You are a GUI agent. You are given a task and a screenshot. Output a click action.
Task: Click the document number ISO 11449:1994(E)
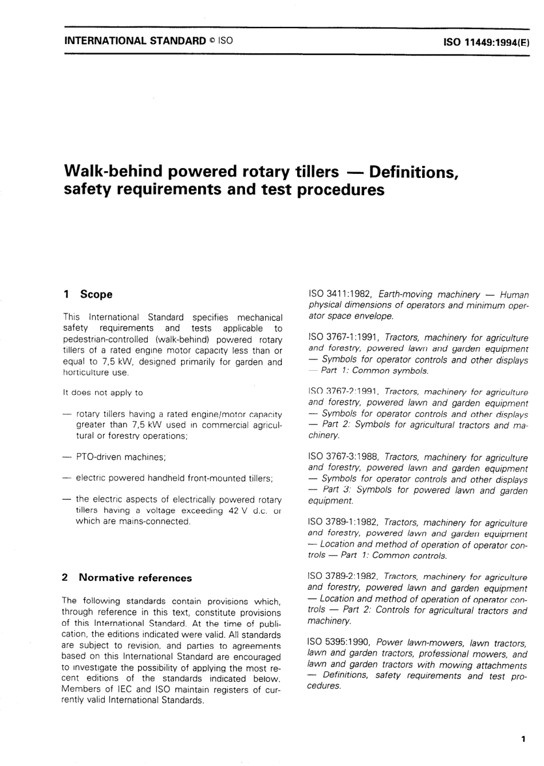tap(486, 42)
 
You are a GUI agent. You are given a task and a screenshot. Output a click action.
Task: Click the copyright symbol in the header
tap(212, 41)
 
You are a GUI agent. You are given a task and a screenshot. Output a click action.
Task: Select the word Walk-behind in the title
tap(112, 171)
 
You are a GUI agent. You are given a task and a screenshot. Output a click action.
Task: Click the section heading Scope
tap(96, 295)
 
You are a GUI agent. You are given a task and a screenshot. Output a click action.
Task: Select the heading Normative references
tap(135, 578)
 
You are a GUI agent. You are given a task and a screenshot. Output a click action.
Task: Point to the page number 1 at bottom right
tap(523, 740)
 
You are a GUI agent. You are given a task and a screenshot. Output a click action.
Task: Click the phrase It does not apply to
tap(103, 393)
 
